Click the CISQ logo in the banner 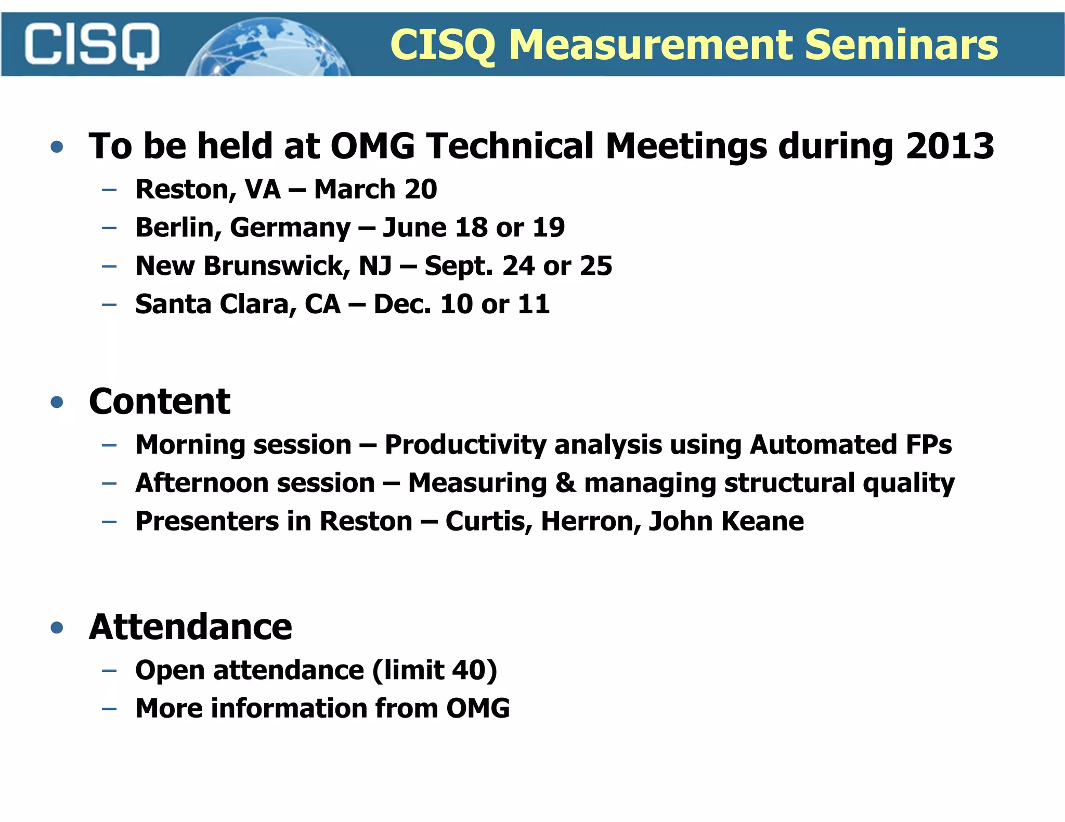92,45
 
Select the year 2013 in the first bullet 950,146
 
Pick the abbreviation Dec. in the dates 402,304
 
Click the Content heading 159,402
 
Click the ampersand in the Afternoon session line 565,483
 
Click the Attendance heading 190,627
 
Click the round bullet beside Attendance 57,628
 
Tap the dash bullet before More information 109,709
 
